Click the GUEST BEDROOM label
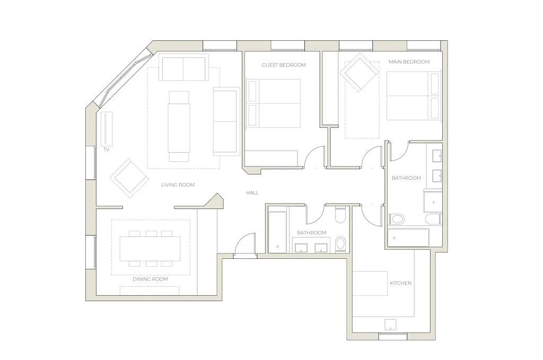pyautogui.click(x=284, y=65)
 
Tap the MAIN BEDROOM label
pyautogui.click(x=409, y=62)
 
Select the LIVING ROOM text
pyautogui.click(x=178, y=185)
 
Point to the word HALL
pyautogui.click(x=252, y=193)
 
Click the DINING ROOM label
pyautogui.click(x=150, y=279)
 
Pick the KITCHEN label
pyautogui.click(x=401, y=283)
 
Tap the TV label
pyautogui.click(x=106, y=150)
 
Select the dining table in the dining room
pyautogui.click(x=150, y=249)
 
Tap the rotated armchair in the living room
pyautogui.click(x=129, y=178)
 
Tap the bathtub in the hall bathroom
pyautogui.click(x=277, y=231)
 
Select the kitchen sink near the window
pyautogui.click(x=391, y=324)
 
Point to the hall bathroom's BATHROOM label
pyautogui.click(x=312, y=233)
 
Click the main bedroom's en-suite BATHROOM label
pyautogui.click(x=406, y=178)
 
